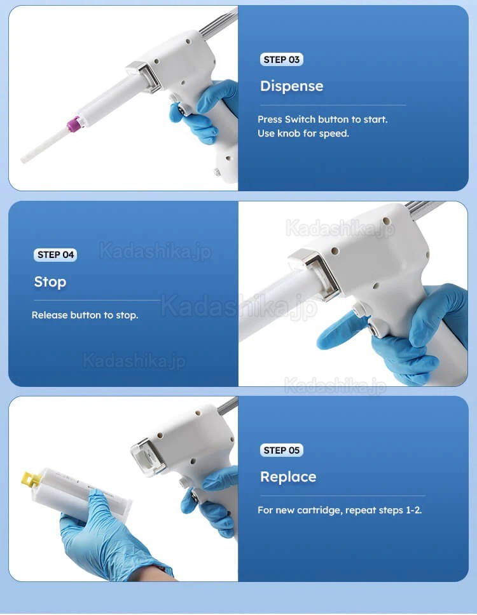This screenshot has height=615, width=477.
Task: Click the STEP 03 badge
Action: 282,60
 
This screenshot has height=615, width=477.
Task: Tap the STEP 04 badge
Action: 55,255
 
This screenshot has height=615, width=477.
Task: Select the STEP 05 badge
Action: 282,450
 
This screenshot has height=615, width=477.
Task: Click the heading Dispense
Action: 292,86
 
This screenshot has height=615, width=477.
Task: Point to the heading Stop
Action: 50,281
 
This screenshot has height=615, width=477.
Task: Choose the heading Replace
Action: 288,476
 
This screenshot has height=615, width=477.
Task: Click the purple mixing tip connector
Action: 74,124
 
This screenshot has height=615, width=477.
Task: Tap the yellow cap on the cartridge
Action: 31,478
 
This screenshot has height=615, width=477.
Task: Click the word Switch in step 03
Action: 300,119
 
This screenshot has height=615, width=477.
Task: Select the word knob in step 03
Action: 289,133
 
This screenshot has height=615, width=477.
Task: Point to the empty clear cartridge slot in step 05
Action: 146,456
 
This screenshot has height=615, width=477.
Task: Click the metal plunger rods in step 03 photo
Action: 218,23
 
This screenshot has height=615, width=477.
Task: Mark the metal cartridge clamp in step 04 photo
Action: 315,271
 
